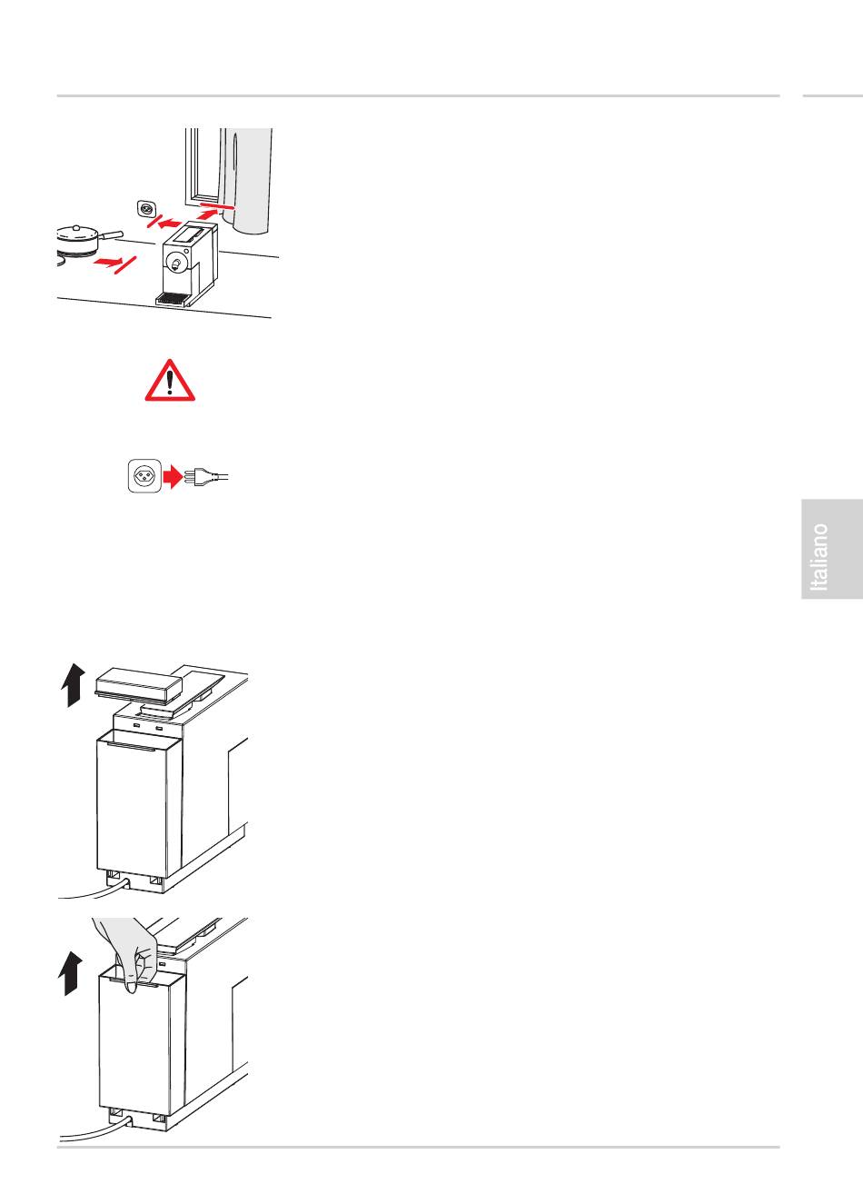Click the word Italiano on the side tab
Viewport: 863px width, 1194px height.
[820, 556]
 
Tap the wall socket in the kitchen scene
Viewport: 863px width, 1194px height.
[145, 209]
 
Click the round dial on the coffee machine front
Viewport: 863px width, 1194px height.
[175, 264]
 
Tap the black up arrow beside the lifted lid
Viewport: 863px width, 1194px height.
[74, 685]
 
